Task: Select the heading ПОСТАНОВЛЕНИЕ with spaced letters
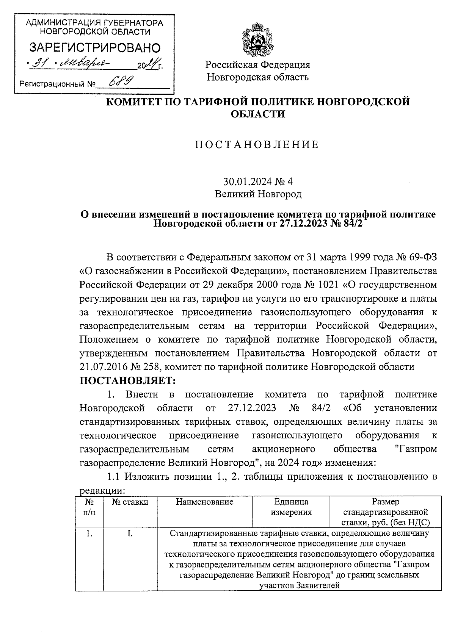click(257, 145)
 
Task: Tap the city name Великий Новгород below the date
click(258, 194)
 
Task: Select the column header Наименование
click(205, 502)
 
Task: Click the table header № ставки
click(130, 502)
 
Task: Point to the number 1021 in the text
click(336, 284)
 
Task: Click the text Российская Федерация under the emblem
click(258, 65)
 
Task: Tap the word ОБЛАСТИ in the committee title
click(258, 114)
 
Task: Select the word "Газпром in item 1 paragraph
click(416, 449)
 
